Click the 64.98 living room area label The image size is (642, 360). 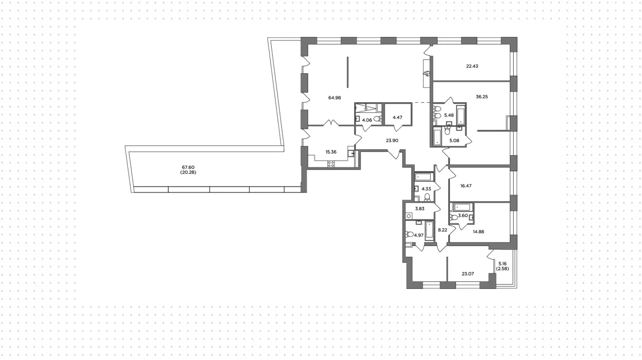tap(334, 98)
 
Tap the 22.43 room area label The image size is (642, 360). tap(472, 66)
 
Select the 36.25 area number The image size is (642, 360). tap(482, 97)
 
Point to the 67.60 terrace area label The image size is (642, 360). tap(188, 167)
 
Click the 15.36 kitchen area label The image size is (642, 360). tap(331, 152)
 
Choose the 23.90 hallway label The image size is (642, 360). tap(392, 141)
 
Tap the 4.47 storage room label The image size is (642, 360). tap(398, 118)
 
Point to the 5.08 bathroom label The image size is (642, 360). tap(454, 141)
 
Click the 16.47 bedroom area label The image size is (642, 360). tap(466, 186)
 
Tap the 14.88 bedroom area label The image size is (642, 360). tap(478, 232)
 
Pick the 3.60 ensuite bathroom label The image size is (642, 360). tap(463, 216)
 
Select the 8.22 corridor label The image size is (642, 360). tap(442, 230)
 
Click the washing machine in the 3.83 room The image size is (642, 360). tap(409, 216)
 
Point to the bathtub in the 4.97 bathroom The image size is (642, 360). tap(429, 231)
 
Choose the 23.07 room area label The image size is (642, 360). tap(468, 274)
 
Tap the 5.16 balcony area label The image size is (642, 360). tap(502, 263)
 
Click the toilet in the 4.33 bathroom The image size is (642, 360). tap(427, 197)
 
